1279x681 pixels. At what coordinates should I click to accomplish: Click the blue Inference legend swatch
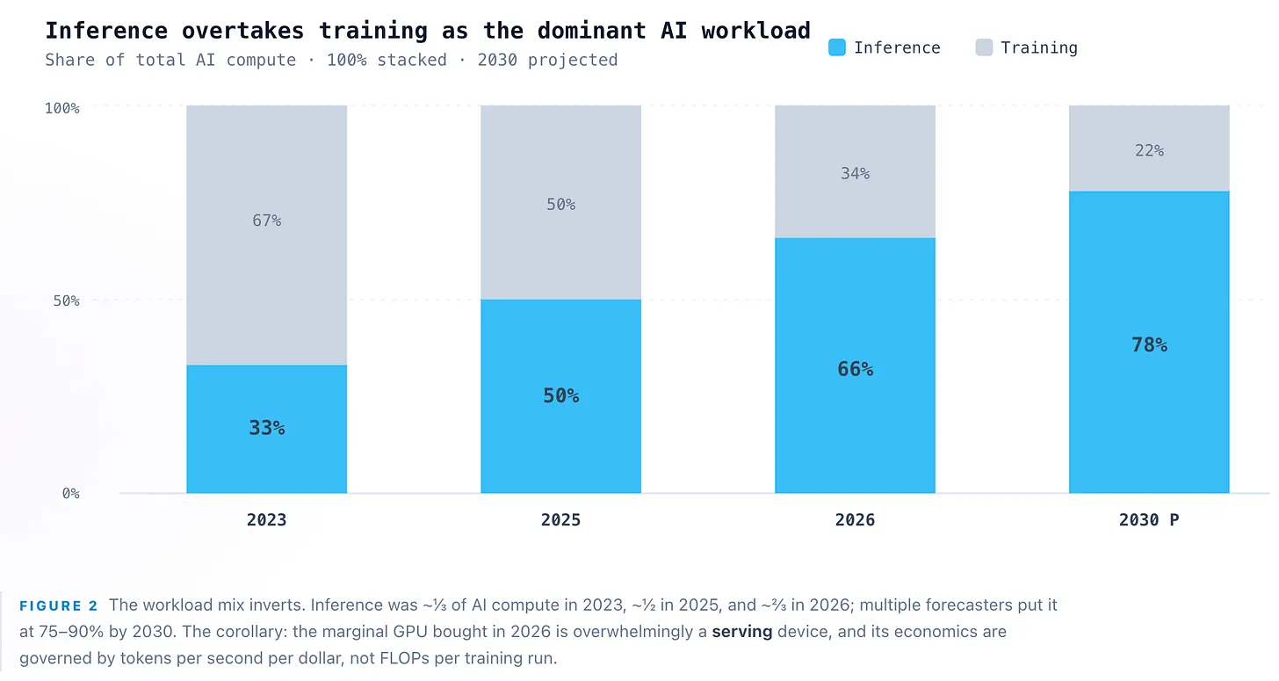(836, 47)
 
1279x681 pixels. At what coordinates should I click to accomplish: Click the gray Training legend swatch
(984, 47)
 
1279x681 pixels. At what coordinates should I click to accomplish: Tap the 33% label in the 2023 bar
(267, 427)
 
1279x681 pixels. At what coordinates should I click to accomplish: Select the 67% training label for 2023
(267, 220)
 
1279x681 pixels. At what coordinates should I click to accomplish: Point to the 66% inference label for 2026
(855, 368)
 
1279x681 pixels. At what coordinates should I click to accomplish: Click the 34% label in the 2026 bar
(855, 173)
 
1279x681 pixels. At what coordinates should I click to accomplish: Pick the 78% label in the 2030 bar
(1149, 344)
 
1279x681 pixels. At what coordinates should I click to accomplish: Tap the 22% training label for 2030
(1149, 150)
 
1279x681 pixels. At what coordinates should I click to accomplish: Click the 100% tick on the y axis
(61, 108)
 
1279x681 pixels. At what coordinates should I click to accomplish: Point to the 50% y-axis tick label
(66, 301)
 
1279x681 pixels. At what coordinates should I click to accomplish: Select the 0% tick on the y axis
(71, 493)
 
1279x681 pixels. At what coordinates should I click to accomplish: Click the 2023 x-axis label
(267, 520)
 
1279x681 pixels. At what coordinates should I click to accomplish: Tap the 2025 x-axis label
(560, 520)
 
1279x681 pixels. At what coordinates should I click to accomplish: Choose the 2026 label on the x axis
(855, 520)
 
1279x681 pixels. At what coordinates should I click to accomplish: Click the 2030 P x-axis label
(1149, 520)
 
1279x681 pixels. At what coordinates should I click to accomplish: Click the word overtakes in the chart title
(242, 30)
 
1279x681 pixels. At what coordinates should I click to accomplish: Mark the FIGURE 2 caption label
(58, 605)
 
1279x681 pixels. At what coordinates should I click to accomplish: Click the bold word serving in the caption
(741, 632)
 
